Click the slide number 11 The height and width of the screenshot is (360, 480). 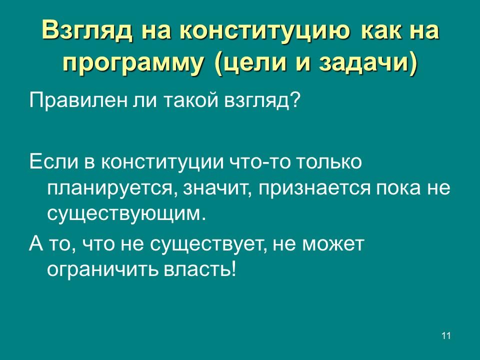click(x=446, y=335)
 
